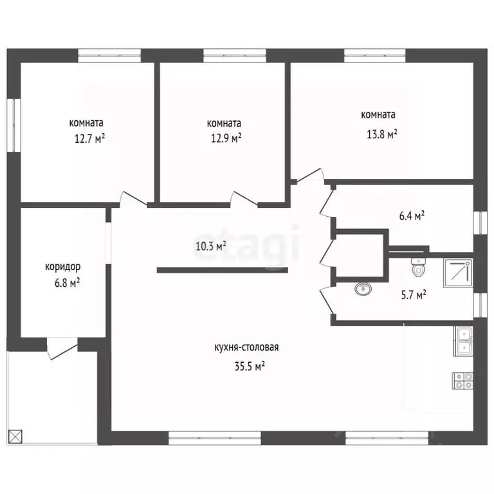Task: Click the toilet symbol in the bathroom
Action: tap(418, 267)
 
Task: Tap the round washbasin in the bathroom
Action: tap(363, 288)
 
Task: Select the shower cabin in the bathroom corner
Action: tap(459, 273)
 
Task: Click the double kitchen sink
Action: tap(463, 341)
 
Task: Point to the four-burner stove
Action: tap(463, 381)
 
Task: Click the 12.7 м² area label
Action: tap(89, 139)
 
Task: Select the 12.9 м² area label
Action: tap(226, 138)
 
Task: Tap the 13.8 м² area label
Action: tap(382, 134)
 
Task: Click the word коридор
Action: tap(62, 267)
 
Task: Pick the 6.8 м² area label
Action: tap(67, 282)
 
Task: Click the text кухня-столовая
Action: tap(246, 347)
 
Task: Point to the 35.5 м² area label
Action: tap(250, 367)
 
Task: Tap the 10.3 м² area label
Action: tap(211, 246)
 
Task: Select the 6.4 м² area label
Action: tap(412, 216)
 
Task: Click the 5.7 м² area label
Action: tap(414, 295)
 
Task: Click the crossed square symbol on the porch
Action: tap(15, 437)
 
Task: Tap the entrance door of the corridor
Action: tap(62, 349)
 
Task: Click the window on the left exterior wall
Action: tap(14, 125)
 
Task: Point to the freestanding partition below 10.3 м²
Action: tap(223, 270)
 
